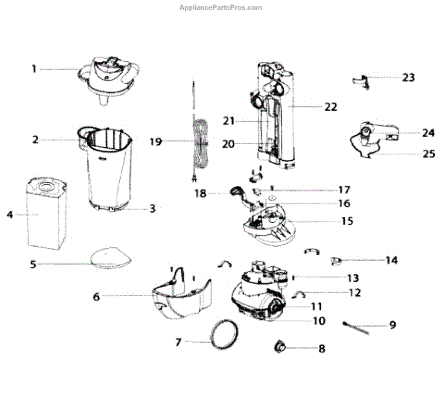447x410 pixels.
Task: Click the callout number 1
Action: point(34,69)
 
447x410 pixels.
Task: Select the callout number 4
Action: point(10,215)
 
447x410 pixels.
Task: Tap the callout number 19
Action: point(155,141)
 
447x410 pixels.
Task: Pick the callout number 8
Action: point(322,348)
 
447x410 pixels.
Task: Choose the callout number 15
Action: point(347,221)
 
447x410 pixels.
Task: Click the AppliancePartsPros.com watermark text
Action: point(221,7)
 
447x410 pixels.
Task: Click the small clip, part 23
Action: point(361,80)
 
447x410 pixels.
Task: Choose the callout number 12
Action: point(355,293)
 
